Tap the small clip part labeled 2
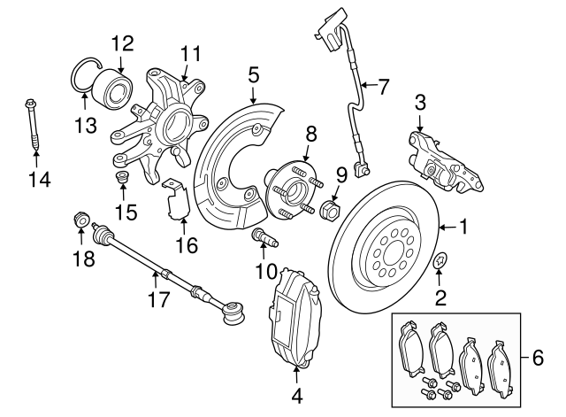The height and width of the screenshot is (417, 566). point(440,262)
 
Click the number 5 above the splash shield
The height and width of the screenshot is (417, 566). point(254,75)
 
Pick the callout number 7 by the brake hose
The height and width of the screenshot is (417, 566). point(382,87)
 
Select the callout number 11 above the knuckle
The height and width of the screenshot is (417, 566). point(186,56)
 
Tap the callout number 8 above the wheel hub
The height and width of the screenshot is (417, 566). point(311,134)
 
